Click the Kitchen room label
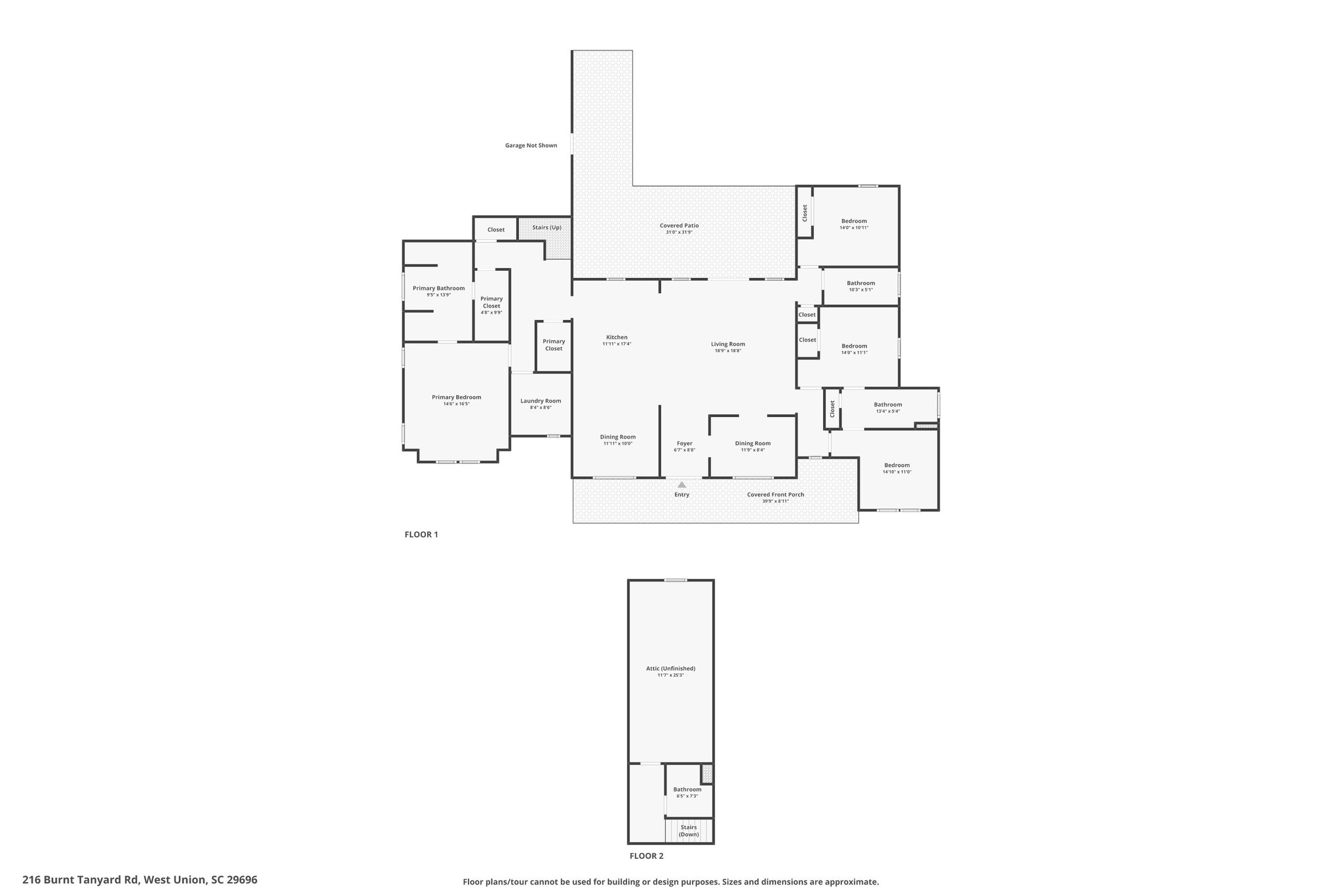click(x=617, y=337)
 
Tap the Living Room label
click(x=728, y=344)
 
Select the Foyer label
click(x=684, y=443)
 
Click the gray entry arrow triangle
click(x=681, y=485)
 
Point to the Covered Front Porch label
click(x=775, y=494)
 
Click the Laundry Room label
click(x=541, y=401)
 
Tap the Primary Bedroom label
click(x=456, y=397)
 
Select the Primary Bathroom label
click(x=438, y=288)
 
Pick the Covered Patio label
click(x=679, y=226)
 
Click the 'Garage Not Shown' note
click(x=531, y=145)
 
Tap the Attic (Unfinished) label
click(x=670, y=668)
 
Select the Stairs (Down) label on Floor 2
click(x=689, y=831)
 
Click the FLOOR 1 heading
click(x=421, y=534)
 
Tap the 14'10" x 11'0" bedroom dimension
click(x=897, y=472)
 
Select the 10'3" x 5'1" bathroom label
click(x=860, y=290)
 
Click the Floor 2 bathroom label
click(x=687, y=789)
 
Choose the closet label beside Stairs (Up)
click(x=496, y=229)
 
